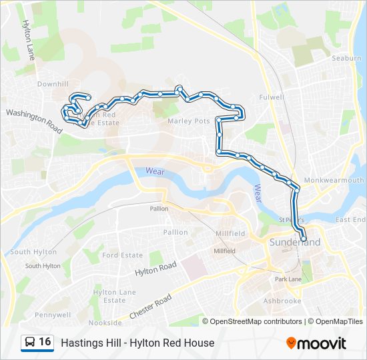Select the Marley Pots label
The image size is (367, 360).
coord(189,121)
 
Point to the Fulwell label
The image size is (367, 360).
coord(272,97)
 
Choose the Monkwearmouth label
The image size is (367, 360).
coord(334,181)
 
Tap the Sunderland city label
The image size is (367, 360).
coord(295,242)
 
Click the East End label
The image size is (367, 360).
coord(350,220)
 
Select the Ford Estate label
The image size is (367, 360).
coord(123,255)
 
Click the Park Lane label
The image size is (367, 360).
coord(289,279)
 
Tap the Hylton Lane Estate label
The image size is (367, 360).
coord(115,296)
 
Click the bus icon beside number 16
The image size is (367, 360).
coord(30,343)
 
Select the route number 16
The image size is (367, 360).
coord(45,342)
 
